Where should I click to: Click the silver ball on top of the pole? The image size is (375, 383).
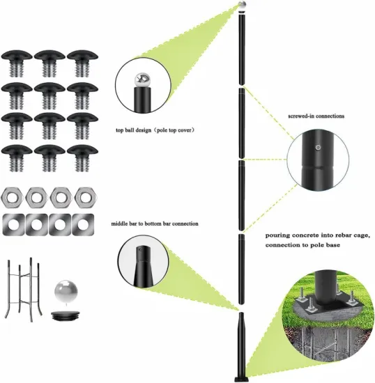(x=242, y=6)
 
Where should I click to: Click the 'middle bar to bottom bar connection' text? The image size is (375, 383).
(x=154, y=224)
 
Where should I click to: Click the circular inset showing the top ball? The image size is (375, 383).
(x=142, y=86)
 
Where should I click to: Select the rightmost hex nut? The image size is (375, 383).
(x=86, y=198)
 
